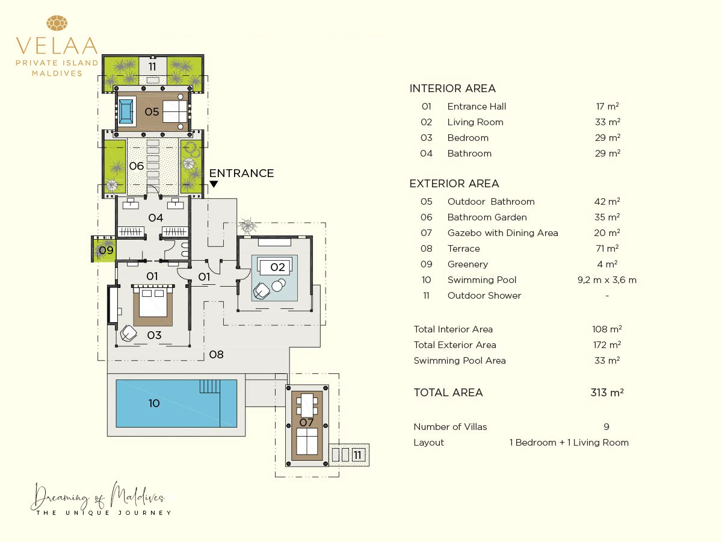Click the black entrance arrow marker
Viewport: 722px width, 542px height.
click(214, 184)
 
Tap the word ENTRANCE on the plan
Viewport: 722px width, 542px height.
click(241, 173)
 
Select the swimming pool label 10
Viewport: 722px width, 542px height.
click(154, 403)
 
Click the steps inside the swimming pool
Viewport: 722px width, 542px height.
click(209, 387)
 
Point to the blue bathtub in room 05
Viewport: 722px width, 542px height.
click(126, 111)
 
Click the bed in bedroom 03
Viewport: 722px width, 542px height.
click(153, 304)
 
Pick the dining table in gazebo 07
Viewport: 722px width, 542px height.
click(307, 405)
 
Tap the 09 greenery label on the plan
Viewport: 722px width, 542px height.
click(106, 251)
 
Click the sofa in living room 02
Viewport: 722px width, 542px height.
click(274, 266)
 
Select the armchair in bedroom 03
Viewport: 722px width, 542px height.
click(128, 334)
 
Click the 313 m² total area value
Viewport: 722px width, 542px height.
click(607, 392)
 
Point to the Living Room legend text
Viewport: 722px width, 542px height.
click(475, 122)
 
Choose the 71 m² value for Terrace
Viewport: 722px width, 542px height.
click(607, 249)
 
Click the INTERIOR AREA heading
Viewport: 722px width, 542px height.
click(452, 88)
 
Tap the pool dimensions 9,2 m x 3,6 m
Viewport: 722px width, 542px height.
click(607, 280)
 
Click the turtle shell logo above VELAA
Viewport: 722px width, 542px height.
click(57, 23)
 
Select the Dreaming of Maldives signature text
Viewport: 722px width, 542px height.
click(98, 497)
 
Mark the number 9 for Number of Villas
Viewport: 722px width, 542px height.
click(606, 427)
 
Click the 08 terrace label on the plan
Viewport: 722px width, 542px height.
click(216, 355)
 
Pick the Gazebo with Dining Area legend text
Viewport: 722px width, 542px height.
click(502, 233)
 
